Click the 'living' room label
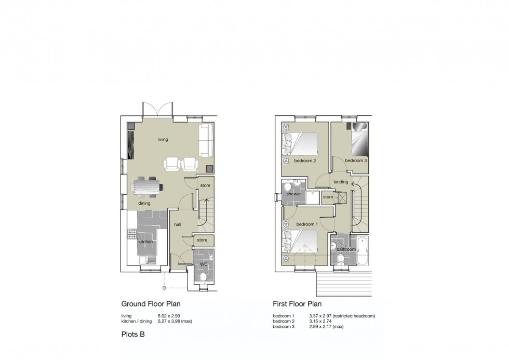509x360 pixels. click(163, 140)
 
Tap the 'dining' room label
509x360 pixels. click(144, 203)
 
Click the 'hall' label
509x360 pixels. click(177, 224)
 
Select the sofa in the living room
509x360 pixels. click(205, 140)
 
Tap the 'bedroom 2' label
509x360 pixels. click(305, 161)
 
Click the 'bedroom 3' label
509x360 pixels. click(356, 161)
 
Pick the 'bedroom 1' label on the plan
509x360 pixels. click(306, 224)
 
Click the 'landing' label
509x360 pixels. click(341, 182)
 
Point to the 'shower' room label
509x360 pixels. click(293, 194)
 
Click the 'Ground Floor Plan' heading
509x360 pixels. click(151, 304)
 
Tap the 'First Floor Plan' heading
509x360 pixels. click(297, 304)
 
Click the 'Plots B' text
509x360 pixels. click(133, 335)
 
